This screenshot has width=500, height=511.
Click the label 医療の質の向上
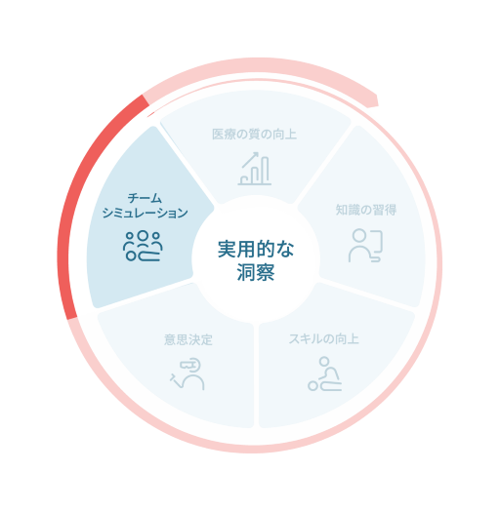click(254, 135)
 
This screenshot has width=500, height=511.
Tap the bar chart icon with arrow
click(255, 169)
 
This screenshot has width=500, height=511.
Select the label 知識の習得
click(366, 210)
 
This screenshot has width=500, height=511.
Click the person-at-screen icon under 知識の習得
click(365, 246)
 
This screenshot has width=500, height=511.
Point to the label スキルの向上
click(323, 339)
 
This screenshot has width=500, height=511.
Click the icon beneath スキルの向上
click(325, 373)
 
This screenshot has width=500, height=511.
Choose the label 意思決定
click(188, 340)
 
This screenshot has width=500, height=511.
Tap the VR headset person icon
click(187, 374)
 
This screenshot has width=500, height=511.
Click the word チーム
click(145, 198)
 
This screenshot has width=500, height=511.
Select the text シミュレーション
click(145, 214)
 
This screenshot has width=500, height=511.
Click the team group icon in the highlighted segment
click(143, 246)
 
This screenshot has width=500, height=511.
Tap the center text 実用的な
click(256, 250)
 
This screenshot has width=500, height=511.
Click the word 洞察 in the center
click(256, 272)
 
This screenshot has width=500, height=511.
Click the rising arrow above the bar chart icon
click(251, 159)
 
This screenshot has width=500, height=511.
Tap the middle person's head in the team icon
click(143, 235)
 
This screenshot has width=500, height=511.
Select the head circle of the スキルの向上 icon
click(324, 362)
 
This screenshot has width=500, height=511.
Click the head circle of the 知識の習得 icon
click(359, 235)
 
